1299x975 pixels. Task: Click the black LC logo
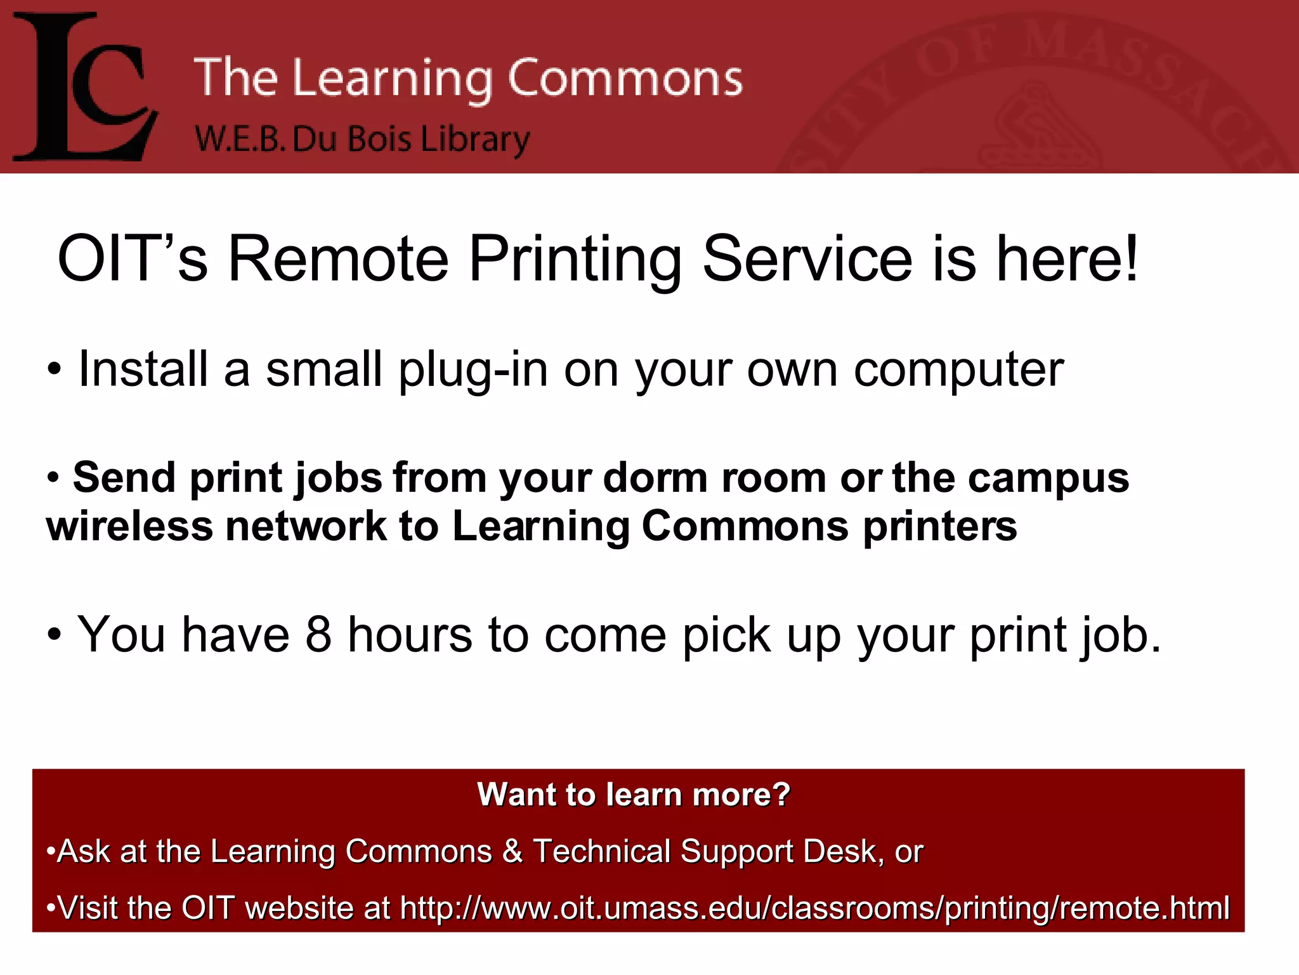coord(86,87)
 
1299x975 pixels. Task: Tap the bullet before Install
coord(55,369)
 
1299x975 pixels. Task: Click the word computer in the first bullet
coord(958,371)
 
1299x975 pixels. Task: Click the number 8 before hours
coord(318,634)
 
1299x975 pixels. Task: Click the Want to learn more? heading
coord(634,794)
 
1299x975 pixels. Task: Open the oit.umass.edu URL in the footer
coord(814,908)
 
